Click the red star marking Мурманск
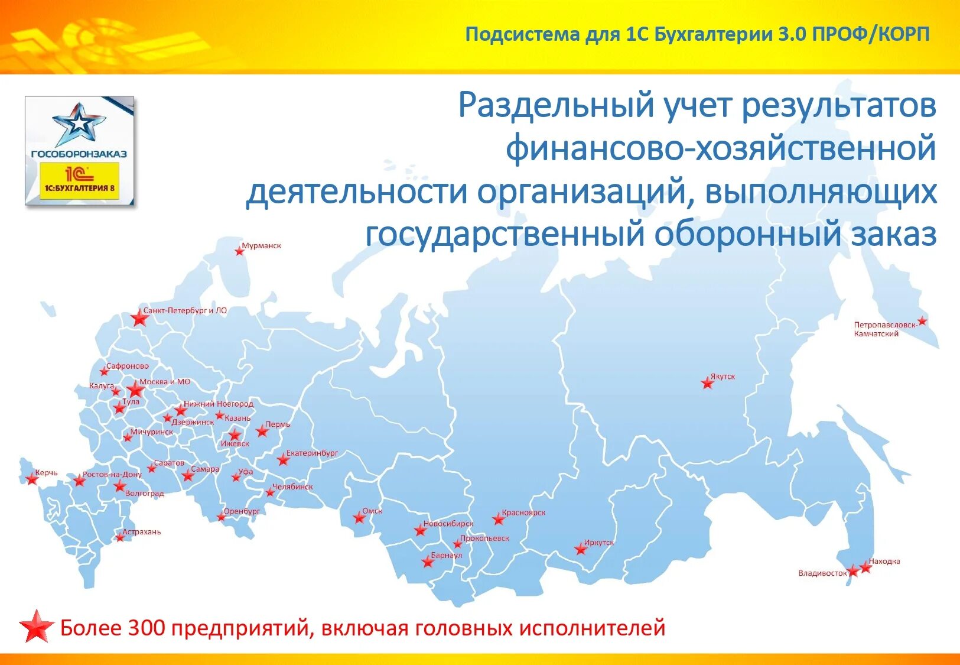tap(239, 251)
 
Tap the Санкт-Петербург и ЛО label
tap(185, 310)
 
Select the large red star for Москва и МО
tap(135, 389)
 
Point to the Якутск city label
tap(723, 377)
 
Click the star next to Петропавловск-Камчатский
tap(922, 322)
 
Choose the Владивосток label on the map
tap(822, 573)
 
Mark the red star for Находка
tap(865, 567)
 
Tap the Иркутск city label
tap(599, 543)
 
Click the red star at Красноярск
tap(499, 520)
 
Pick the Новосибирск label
tap(448, 524)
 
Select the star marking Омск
tap(359, 518)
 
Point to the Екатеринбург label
tap(312, 453)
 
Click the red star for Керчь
tap(32, 479)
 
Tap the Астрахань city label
tap(142, 532)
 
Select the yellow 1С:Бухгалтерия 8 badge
tap(79, 181)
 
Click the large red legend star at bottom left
tap(37, 627)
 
